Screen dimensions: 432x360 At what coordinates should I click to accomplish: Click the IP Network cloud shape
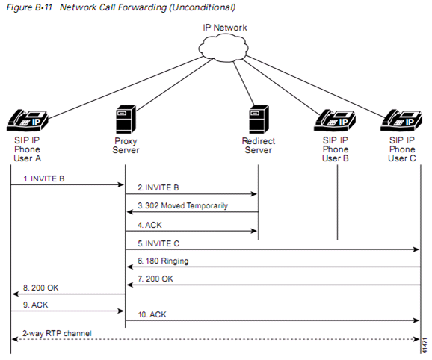(223, 48)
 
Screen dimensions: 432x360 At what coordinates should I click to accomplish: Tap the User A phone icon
(27, 120)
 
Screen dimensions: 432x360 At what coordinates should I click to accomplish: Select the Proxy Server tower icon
(126, 120)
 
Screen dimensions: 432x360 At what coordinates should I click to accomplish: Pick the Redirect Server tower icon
(259, 120)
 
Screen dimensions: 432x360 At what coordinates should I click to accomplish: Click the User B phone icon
(335, 120)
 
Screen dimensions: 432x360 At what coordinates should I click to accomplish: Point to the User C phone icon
(401, 120)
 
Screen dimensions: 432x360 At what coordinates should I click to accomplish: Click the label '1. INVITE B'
(44, 179)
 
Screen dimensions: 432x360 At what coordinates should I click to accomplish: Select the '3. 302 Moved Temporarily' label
(182, 205)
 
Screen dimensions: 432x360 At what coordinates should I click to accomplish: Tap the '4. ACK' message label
(149, 225)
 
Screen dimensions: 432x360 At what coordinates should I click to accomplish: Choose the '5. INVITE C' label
(158, 243)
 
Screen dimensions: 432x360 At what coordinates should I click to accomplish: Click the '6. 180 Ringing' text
(163, 261)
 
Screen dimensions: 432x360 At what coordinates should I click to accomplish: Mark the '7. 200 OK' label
(155, 279)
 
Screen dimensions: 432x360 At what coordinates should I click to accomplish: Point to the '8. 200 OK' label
(41, 288)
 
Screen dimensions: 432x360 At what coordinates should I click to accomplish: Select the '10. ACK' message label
(152, 314)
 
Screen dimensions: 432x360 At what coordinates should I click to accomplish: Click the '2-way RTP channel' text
(57, 333)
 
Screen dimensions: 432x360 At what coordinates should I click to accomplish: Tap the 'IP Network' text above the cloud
(225, 28)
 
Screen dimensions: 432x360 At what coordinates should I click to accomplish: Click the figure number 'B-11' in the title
(43, 7)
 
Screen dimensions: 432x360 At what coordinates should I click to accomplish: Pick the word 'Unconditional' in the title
(203, 7)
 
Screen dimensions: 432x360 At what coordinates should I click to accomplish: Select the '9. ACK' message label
(36, 305)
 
